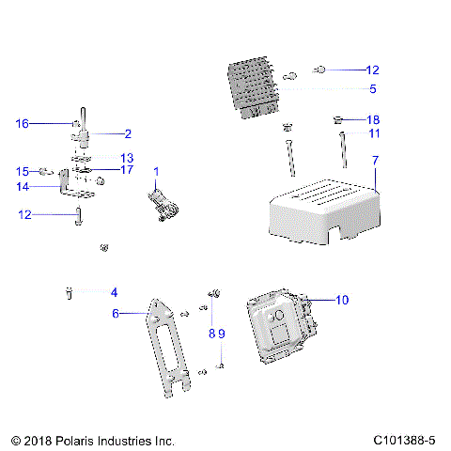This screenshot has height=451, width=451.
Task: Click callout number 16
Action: [23, 123]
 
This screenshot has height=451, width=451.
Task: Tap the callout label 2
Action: [128, 134]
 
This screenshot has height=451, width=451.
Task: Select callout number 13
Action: [127, 158]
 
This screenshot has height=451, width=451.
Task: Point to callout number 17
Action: [128, 170]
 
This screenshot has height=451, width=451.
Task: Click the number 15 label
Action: [23, 171]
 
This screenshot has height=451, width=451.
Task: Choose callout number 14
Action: [23, 187]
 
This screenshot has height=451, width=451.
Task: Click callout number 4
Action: [114, 292]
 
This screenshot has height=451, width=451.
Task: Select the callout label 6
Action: [116, 314]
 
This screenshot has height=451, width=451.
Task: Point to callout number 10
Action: [342, 300]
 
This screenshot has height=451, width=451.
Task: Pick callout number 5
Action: [372, 89]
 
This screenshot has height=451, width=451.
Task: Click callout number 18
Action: [373, 120]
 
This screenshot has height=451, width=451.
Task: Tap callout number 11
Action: [373, 134]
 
